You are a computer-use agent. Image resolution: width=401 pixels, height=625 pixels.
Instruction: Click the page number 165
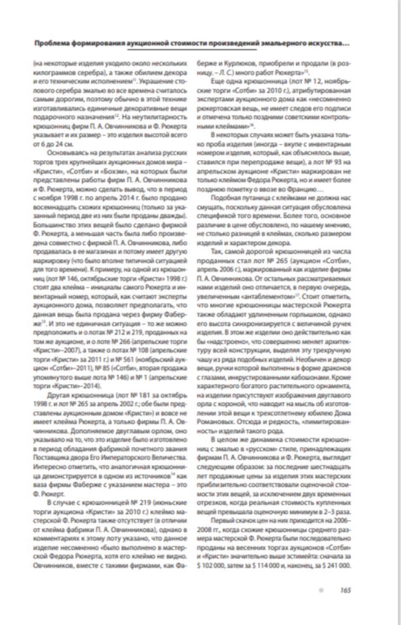pos(345,590)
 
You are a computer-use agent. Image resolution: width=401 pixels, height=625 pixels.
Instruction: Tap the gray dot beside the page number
pos(321,590)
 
